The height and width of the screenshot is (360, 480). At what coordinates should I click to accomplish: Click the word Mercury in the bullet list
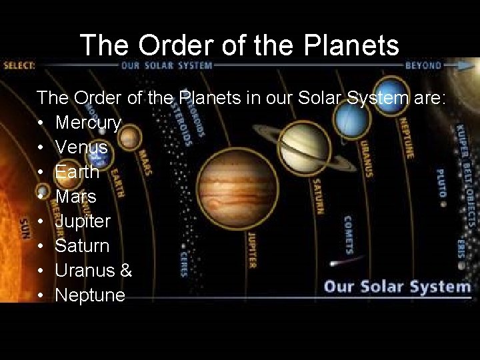[x=88, y=123]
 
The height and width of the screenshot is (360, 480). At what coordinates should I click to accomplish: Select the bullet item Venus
[x=81, y=147]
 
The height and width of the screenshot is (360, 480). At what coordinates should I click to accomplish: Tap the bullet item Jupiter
[x=83, y=221]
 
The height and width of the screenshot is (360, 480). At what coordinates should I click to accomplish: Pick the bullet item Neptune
[x=90, y=295]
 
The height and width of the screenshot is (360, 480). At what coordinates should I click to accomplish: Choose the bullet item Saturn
[x=82, y=245]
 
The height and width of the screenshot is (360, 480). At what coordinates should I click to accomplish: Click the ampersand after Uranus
[x=127, y=270]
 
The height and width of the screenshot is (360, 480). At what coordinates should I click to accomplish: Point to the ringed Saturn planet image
[x=303, y=143]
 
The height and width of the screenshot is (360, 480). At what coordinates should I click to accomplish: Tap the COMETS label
[x=348, y=235]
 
